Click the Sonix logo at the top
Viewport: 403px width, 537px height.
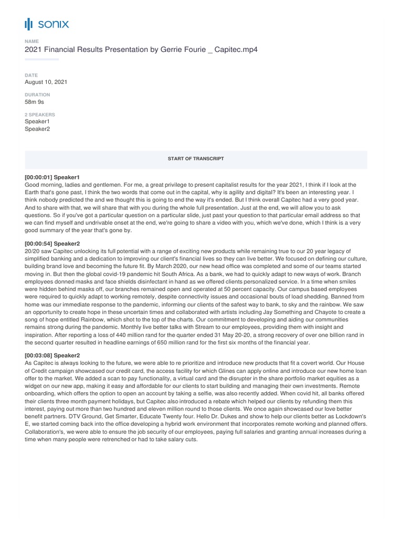47,24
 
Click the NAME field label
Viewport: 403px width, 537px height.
31,41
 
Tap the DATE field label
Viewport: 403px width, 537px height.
30,76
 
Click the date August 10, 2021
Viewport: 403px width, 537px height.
46,82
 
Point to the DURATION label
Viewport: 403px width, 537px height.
37,95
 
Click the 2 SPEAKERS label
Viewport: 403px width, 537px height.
40,114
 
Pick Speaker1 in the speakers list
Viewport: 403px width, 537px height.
37,122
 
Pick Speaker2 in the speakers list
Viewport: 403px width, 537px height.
37,129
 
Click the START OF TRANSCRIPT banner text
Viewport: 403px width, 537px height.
196,158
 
